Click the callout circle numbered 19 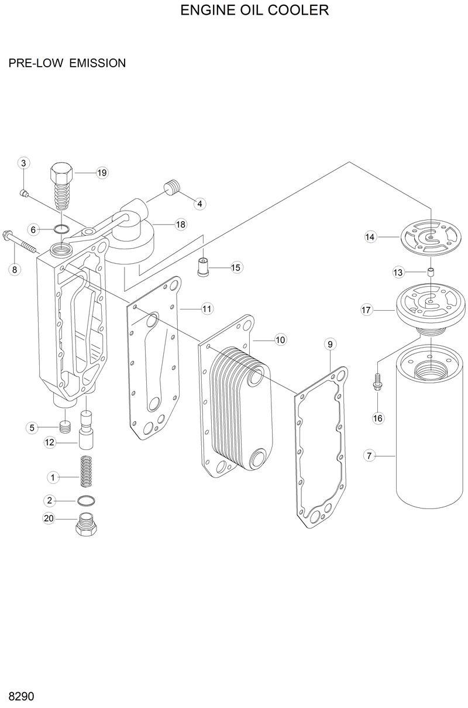pyautogui.click(x=102, y=173)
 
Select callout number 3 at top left pyautogui.click(x=23, y=163)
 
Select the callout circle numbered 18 pyautogui.click(x=180, y=225)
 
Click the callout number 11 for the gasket pyautogui.click(x=207, y=308)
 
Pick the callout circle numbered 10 pyautogui.click(x=280, y=339)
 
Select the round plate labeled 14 pyautogui.click(x=431, y=240)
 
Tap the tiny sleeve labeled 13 pyautogui.click(x=430, y=272)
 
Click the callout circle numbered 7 pyautogui.click(x=369, y=455)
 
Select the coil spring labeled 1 pyautogui.click(x=87, y=470)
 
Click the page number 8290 pyautogui.click(x=21, y=697)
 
